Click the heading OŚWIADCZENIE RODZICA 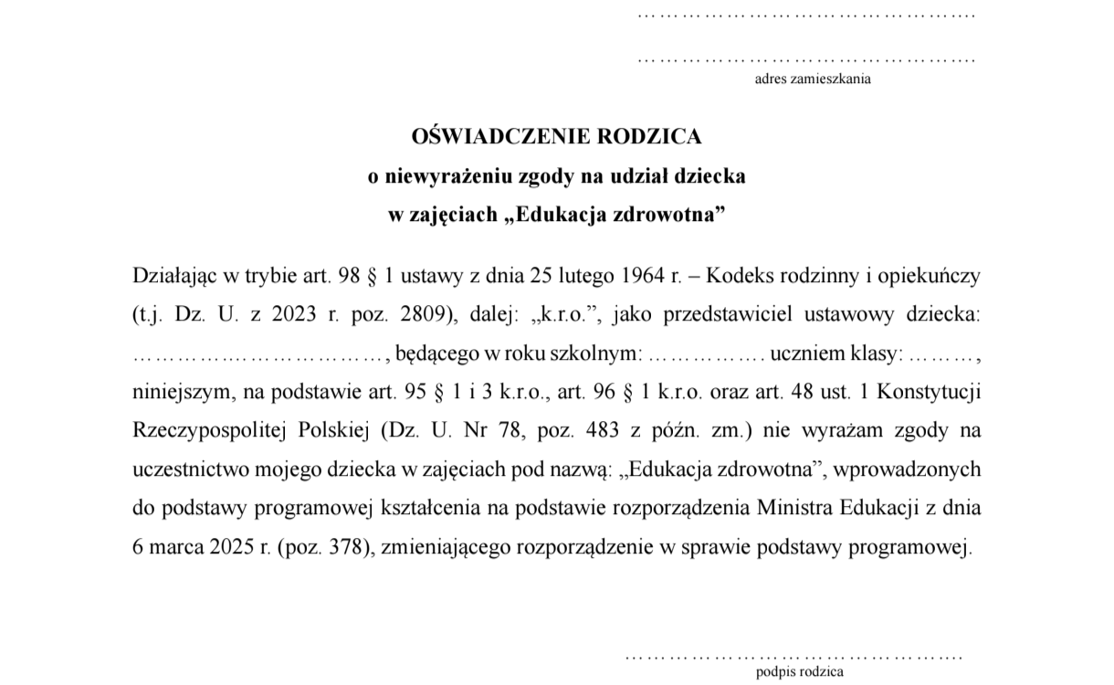(557, 137)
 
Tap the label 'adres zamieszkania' (812, 79)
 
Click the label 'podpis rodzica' (800, 672)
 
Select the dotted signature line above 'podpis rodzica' (793, 657)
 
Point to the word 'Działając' (172, 275)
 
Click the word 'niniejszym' (179, 393)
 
